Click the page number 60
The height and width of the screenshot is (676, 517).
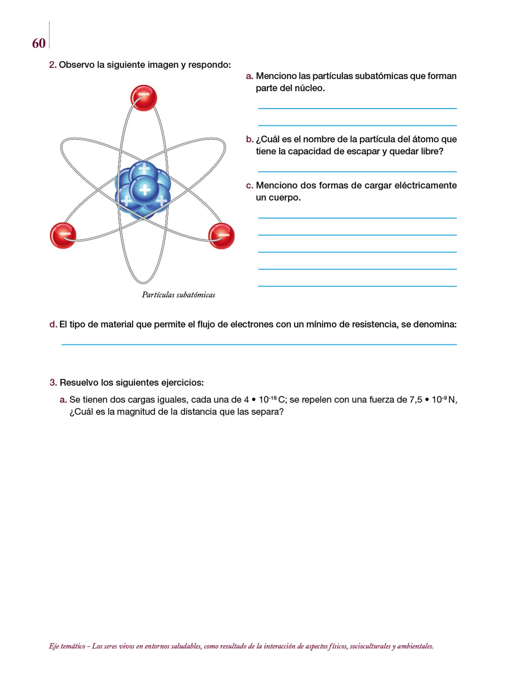click(x=39, y=44)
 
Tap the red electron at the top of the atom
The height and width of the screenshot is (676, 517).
click(x=143, y=98)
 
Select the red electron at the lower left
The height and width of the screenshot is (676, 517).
click(x=63, y=235)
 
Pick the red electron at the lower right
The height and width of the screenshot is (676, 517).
click(x=221, y=236)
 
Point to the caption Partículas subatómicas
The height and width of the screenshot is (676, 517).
click(x=179, y=295)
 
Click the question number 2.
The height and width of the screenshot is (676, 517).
click(x=52, y=65)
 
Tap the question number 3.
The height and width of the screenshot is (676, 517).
click(x=53, y=383)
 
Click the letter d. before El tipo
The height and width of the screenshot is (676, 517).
click(x=53, y=324)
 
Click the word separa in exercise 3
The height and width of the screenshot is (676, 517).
click(x=268, y=412)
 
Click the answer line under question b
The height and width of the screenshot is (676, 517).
click(x=357, y=171)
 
